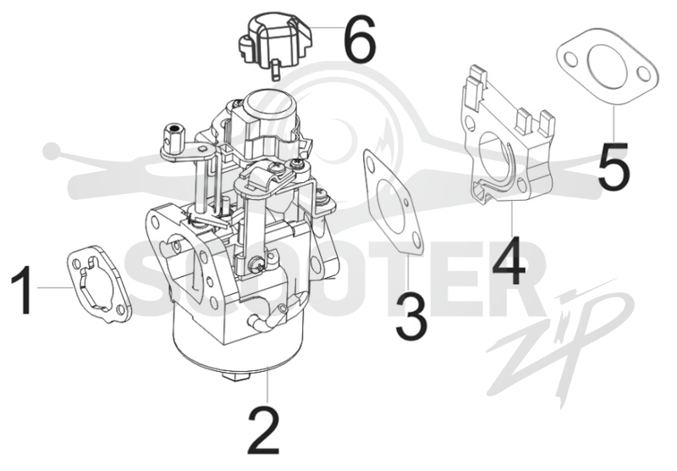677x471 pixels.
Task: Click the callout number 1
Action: point(22,290)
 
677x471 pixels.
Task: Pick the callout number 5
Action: point(614,166)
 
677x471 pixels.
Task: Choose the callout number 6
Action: point(360,40)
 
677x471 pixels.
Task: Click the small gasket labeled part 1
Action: point(99,285)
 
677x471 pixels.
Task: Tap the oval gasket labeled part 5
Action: point(607,69)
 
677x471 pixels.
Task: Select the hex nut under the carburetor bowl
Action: point(237,374)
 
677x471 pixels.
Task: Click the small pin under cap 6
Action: point(276,70)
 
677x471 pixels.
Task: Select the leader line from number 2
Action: point(268,385)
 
